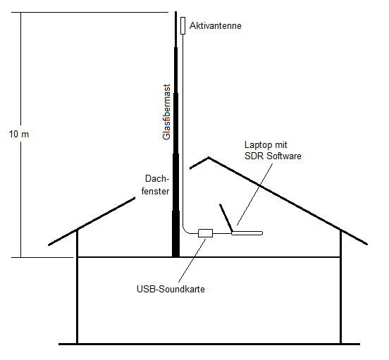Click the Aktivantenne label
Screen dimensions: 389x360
[216, 26]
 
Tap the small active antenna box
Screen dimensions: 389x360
[183, 25]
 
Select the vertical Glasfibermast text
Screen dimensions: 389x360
[166, 112]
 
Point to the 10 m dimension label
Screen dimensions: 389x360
[19, 134]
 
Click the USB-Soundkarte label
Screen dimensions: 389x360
[171, 289]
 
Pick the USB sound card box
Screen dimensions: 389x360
[205, 233]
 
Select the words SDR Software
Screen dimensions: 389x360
[273, 156]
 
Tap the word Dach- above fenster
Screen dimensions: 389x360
[157, 178]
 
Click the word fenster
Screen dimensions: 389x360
[155, 191]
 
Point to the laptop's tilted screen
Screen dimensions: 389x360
[226, 218]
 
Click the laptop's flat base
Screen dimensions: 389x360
[247, 233]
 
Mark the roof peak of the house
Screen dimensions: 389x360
[209, 158]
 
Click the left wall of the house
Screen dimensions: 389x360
[77, 286]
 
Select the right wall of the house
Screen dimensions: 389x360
[340, 287]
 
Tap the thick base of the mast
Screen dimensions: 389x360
[175, 234]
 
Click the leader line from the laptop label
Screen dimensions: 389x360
[254, 194]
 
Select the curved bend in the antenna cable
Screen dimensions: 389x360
[185, 231]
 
